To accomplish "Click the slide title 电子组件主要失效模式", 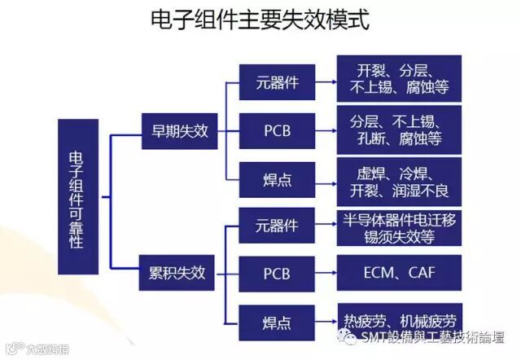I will tap(260, 20).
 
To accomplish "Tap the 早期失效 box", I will tap(179, 130).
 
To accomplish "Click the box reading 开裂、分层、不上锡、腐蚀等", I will tap(399, 78).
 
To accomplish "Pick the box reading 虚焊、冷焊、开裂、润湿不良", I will tap(399, 182).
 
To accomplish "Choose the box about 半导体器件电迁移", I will tap(399, 227).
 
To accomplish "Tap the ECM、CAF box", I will tap(399, 272).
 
